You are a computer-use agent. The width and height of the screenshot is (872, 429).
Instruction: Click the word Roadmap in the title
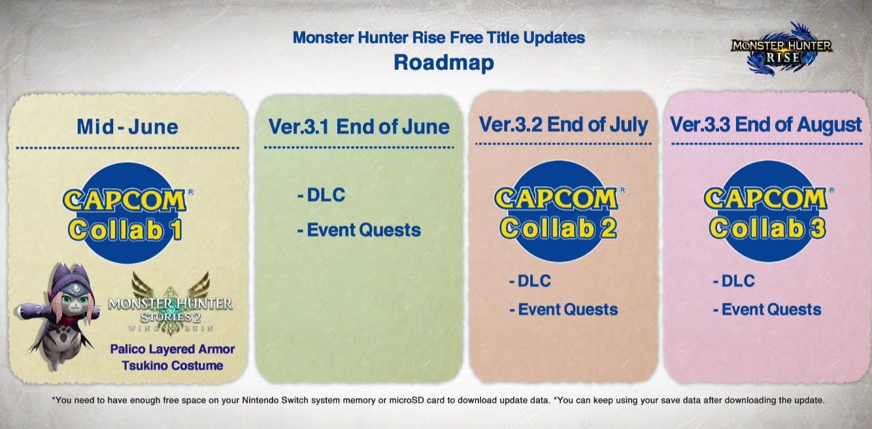[444, 63]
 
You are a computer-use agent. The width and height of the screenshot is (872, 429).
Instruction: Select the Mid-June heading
[127, 127]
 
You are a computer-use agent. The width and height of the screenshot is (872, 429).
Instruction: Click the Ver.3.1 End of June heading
[359, 127]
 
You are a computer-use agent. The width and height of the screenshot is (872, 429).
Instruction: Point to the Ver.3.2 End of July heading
[563, 125]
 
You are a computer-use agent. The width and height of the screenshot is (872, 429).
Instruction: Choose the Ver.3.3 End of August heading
[765, 125]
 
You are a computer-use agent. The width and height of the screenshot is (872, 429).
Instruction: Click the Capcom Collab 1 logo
[127, 213]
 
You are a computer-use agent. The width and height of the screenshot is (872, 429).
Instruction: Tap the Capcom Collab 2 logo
[560, 212]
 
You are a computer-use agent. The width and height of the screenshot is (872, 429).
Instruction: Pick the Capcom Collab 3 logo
[769, 212]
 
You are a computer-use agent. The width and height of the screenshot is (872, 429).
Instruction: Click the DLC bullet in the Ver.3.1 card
[321, 195]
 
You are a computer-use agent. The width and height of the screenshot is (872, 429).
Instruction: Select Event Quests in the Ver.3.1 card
[359, 230]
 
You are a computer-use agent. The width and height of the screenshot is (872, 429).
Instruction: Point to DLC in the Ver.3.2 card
[530, 281]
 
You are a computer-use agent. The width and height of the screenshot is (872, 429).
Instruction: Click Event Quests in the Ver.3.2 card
[563, 310]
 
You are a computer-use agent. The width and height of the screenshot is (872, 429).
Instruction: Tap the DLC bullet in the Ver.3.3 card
[734, 281]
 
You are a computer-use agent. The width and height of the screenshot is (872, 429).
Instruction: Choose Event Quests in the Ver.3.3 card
[767, 310]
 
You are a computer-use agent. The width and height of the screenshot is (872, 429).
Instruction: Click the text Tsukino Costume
[173, 366]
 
